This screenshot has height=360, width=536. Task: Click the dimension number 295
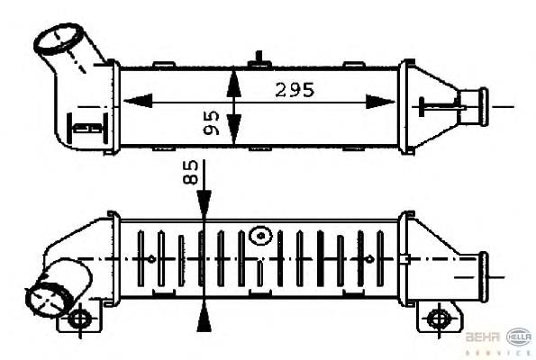point(295,90)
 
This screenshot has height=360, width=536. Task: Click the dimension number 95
point(213,123)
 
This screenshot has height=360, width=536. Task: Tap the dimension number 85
point(191,173)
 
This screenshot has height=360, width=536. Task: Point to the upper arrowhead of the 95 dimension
point(233,78)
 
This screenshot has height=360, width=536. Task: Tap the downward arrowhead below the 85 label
point(206,204)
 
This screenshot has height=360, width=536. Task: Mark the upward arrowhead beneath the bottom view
point(206,314)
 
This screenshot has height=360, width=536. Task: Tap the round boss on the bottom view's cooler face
point(261,236)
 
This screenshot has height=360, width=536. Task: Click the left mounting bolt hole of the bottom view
point(80,319)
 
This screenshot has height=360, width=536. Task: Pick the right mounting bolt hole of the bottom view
point(439,319)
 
